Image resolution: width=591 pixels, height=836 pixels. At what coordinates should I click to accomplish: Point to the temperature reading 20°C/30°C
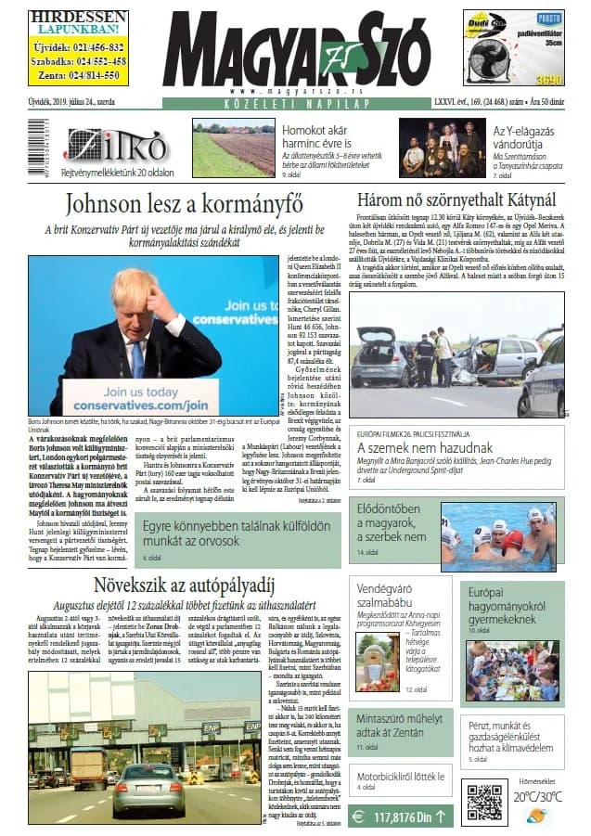pyautogui.click(x=538, y=796)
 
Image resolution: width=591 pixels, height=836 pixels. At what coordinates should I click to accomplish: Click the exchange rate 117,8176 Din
pyautogui.click(x=402, y=817)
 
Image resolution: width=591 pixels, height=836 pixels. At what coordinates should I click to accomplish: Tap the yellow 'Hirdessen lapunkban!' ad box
pyautogui.click(x=78, y=47)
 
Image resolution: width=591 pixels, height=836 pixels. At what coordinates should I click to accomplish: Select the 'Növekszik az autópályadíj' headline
pyautogui.click(x=186, y=584)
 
